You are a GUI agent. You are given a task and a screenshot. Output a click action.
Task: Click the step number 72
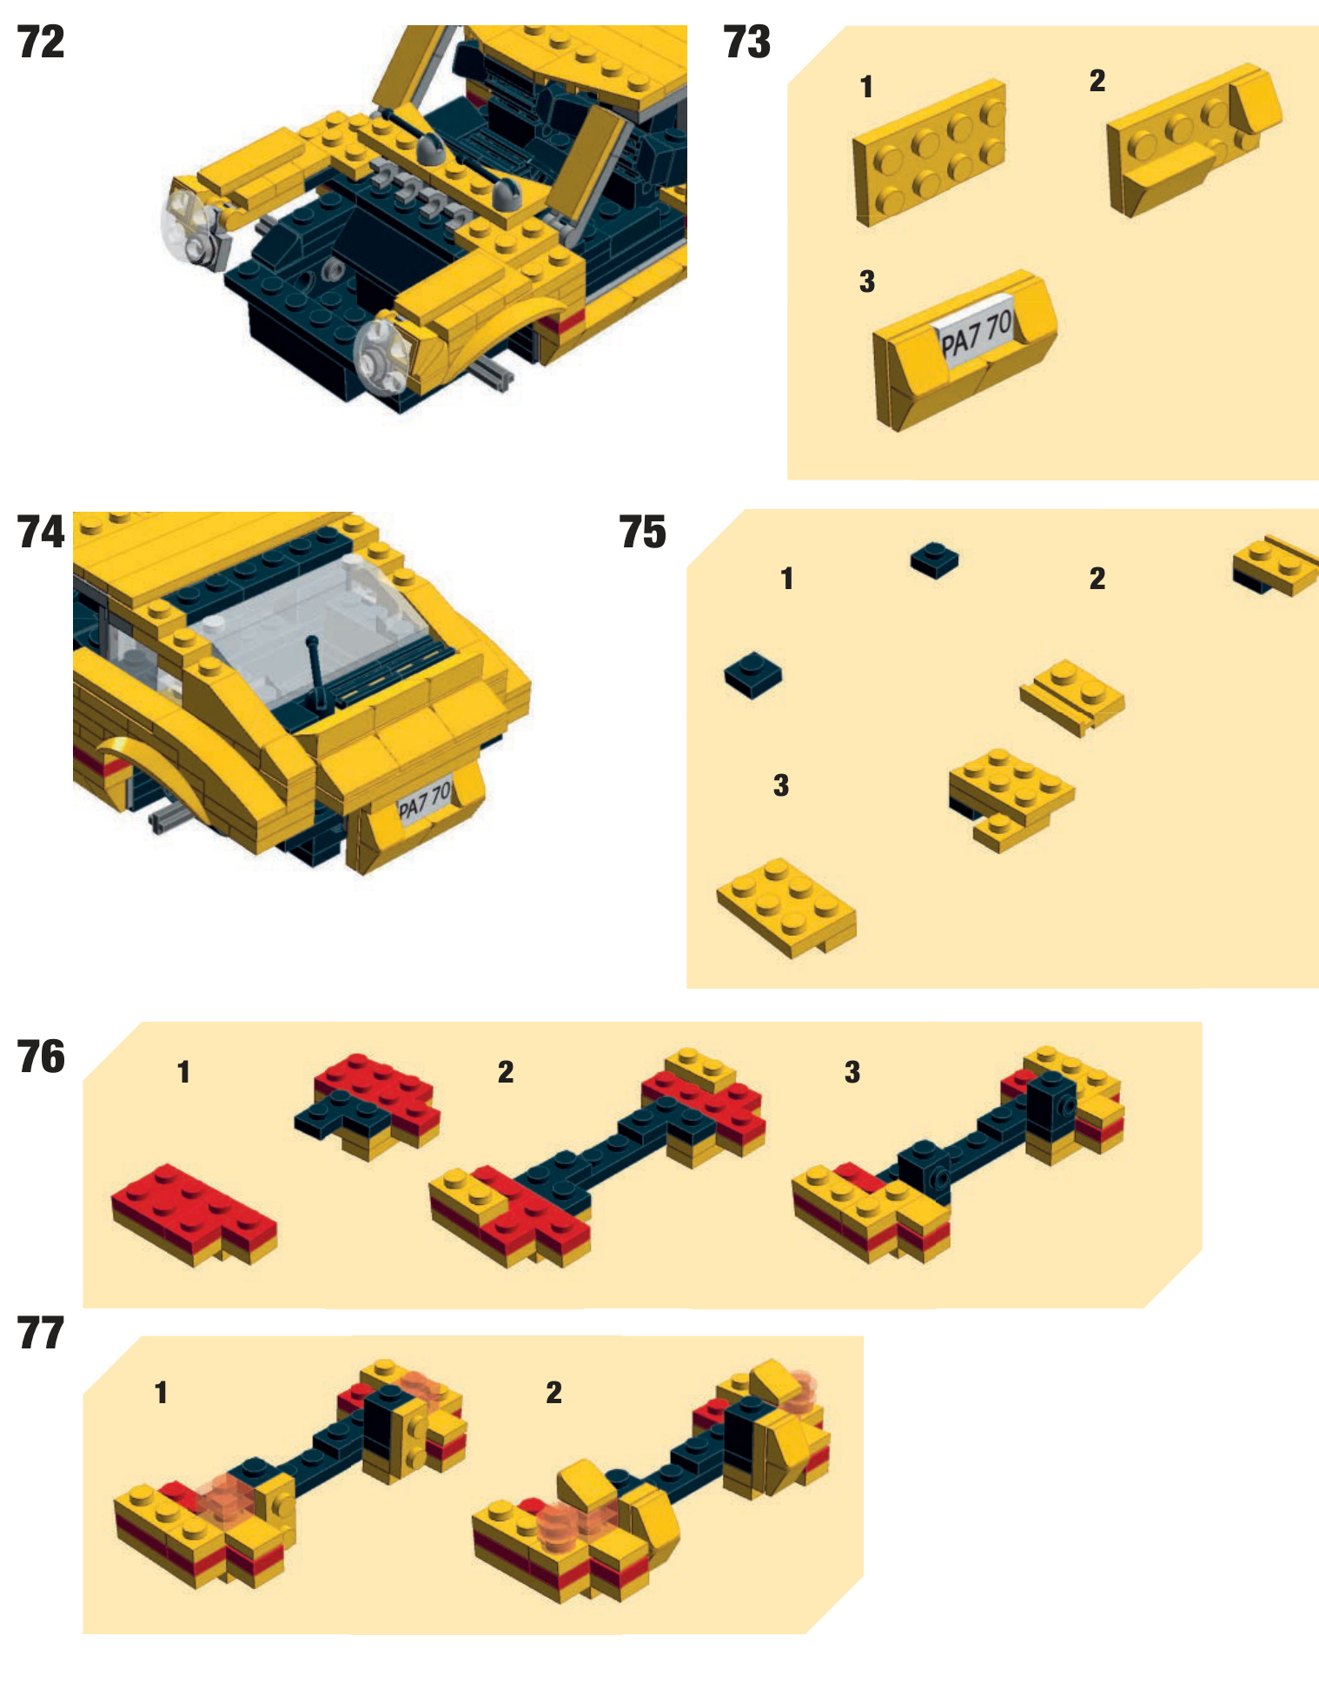click(41, 43)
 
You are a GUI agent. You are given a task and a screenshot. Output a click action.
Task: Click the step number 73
click(746, 43)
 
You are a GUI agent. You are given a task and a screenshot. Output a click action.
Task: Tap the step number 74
click(41, 533)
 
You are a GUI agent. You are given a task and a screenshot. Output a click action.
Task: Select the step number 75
click(642, 533)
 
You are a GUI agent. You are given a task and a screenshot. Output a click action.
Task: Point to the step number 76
click(41, 1057)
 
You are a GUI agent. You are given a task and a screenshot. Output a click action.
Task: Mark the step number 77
click(41, 1334)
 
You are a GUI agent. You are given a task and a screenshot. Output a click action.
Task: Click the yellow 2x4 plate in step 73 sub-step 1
click(928, 153)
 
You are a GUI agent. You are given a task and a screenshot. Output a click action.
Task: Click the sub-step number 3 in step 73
click(866, 281)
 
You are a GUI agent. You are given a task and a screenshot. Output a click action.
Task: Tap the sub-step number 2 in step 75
click(1097, 579)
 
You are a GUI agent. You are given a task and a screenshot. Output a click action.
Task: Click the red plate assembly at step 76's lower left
click(193, 1214)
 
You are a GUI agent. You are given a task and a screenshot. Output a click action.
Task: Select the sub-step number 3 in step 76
click(852, 1072)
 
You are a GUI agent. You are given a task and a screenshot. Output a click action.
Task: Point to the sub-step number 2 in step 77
click(553, 1394)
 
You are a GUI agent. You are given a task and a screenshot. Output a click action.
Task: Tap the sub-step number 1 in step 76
click(183, 1072)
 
